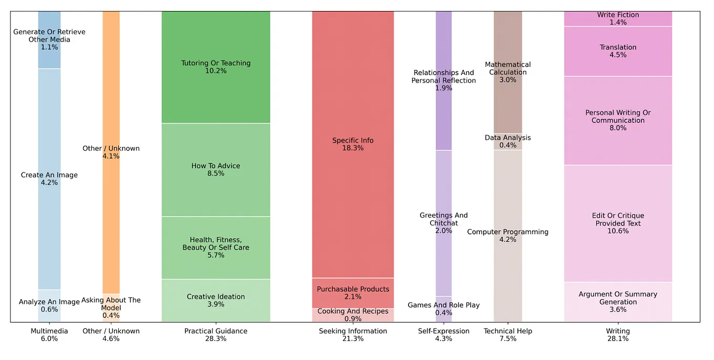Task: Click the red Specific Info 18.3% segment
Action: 353,145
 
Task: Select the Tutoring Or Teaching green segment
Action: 216,67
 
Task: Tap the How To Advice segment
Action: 216,170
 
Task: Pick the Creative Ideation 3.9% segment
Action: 216,301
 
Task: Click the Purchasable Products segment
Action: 353,293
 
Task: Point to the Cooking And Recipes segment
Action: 353,315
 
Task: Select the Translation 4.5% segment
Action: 618,51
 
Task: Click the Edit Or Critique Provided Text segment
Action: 618,223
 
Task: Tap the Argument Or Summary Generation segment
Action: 618,302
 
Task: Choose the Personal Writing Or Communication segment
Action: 618,120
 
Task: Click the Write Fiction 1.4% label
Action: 618,18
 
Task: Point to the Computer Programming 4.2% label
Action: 508,235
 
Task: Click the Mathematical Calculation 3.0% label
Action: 508,72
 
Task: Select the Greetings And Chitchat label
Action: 443,223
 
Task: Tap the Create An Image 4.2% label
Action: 49,179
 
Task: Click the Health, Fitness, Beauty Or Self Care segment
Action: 216,248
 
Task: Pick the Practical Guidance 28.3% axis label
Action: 216,335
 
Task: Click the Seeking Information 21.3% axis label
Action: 353,335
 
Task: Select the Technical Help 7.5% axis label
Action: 508,335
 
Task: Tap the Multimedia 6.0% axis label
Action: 49,335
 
